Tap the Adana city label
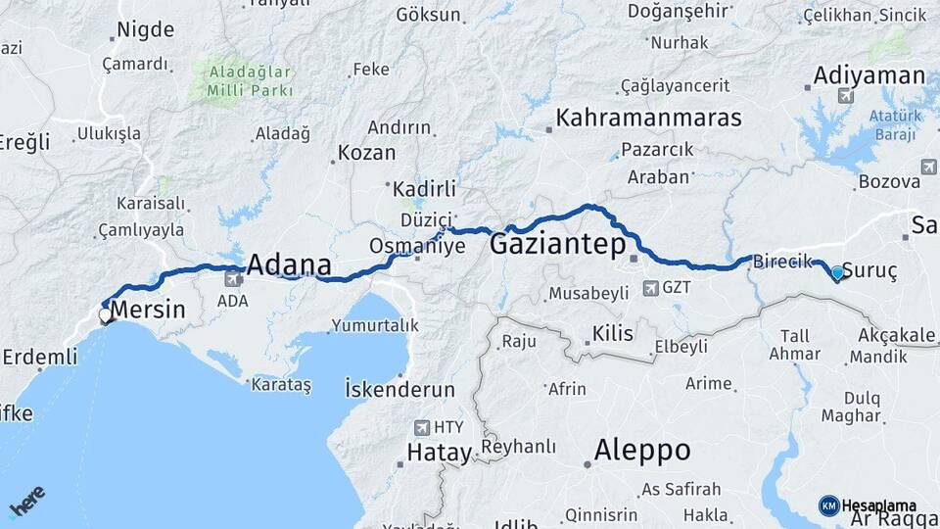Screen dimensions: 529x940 click(289, 265)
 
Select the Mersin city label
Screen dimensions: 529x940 click(148, 311)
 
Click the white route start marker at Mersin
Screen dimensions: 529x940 click(105, 315)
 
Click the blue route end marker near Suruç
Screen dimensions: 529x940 click(837, 273)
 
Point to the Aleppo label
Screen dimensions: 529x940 click(642, 451)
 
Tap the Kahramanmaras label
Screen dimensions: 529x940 click(648, 119)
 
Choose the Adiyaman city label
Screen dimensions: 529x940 click(869, 75)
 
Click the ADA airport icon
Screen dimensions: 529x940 click(233, 279)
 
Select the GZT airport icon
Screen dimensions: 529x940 click(650, 288)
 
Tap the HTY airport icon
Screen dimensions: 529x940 click(422, 427)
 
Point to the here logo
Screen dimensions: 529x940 click(27, 502)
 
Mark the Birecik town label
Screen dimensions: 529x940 click(783, 262)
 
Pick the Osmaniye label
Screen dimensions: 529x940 click(417, 245)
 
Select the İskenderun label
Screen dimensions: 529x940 click(400, 389)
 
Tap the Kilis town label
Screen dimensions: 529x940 click(612, 333)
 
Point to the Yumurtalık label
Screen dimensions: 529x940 click(375, 325)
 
